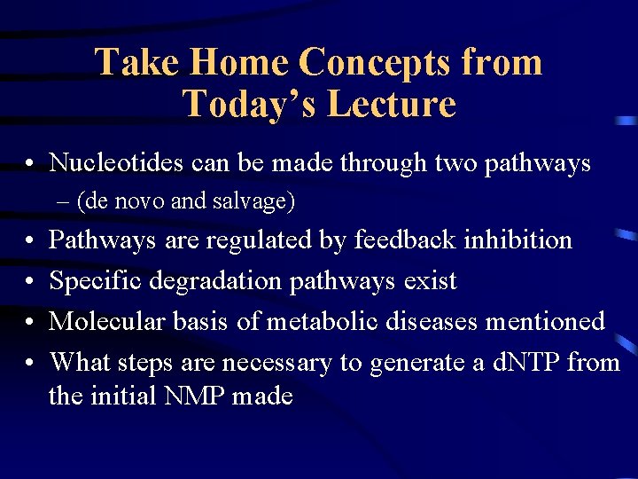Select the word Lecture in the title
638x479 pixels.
(x=392, y=104)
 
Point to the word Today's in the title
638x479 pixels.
(x=250, y=104)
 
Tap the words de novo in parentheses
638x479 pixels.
(x=122, y=201)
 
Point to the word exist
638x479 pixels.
(x=430, y=280)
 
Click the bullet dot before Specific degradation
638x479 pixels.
(x=30, y=281)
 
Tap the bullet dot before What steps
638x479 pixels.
(x=30, y=363)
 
